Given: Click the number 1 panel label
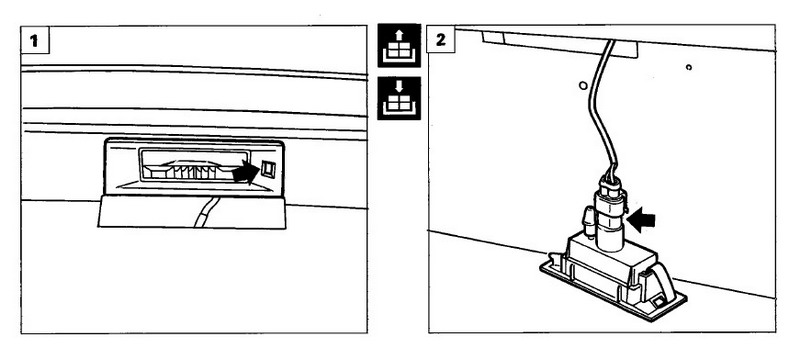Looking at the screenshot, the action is pyautogui.click(x=35, y=40).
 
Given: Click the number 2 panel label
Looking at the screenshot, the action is pyautogui.click(x=441, y=40).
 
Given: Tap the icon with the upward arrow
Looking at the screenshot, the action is pyautogui.click(x=399, y=45).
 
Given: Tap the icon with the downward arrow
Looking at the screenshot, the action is pyautogui.click(x=399, y=98).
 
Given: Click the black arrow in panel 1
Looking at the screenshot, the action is pyautogui.click(x=245, y=172).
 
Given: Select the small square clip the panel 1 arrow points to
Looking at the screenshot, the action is pyautogui.click(x=268, y=169).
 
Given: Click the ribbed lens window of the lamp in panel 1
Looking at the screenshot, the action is pyautogui.click(x=194, y=166).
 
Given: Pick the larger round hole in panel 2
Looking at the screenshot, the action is pyautogui.click(x=583, y=85).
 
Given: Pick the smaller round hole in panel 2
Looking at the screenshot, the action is pyautogui.click(x=689, y=67).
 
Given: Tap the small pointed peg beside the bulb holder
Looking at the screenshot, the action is pyautogui.click(x=589, y=221).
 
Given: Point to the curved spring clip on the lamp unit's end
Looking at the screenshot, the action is pyautogui.click(x=664, y=278).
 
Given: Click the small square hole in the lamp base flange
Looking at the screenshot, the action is pyautogui.click(x=659, y=302).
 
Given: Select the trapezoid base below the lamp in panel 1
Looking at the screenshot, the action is pyautogui.click(x=192, y=212).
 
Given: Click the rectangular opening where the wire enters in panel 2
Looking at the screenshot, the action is pyautogui.click(x=560, y=44).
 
